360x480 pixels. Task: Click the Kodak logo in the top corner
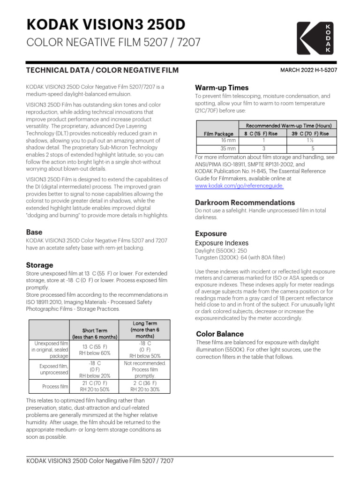[316, 38]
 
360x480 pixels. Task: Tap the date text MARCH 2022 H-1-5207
[308, 70]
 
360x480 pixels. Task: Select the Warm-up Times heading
[222, 88]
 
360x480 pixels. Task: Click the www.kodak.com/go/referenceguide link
[239, 186]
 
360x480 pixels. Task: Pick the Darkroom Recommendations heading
[245, 202]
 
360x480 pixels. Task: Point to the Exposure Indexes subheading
[222, 243]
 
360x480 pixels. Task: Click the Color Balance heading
[219, 334]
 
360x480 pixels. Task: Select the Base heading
[34, 232]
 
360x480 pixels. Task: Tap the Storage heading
[39, 265]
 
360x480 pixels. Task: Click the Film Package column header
[218, 134]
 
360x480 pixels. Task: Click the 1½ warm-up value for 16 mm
[310, 140]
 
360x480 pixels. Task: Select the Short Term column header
[95, 333]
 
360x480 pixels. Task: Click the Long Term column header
[145, 330]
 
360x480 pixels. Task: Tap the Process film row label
[55, 386]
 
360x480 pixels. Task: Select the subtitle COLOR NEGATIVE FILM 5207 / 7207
[113, 43]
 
